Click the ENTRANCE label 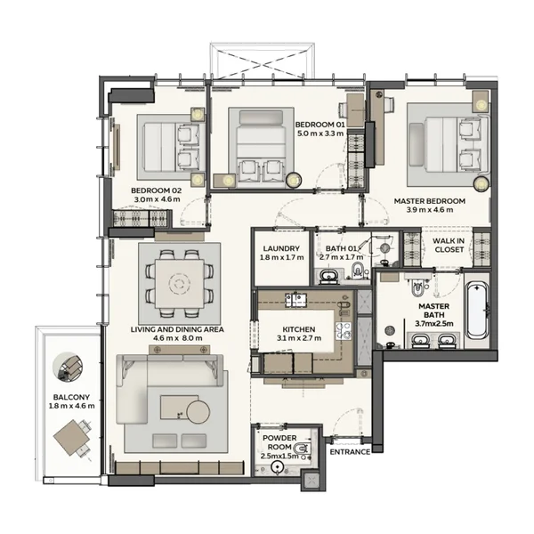pos(350,452)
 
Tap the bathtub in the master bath pos(477,310)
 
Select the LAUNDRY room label pos(281,248)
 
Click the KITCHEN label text pos(299,329)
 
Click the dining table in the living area pos(180,284)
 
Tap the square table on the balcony pos(72,438)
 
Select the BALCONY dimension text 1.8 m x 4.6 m pos(71,406)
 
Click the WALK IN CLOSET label pos(449,246)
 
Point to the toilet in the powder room pos(302,449)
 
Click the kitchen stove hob pos(344,331)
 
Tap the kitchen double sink pos(296,300)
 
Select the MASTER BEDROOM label pos(430,201)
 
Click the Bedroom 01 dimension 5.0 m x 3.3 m pos(320,133)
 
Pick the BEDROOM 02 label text pos(157,190)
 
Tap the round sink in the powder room pos(279,467)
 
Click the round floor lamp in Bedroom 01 pos(294,180)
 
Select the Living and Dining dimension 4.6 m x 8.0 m pos(177,338)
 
